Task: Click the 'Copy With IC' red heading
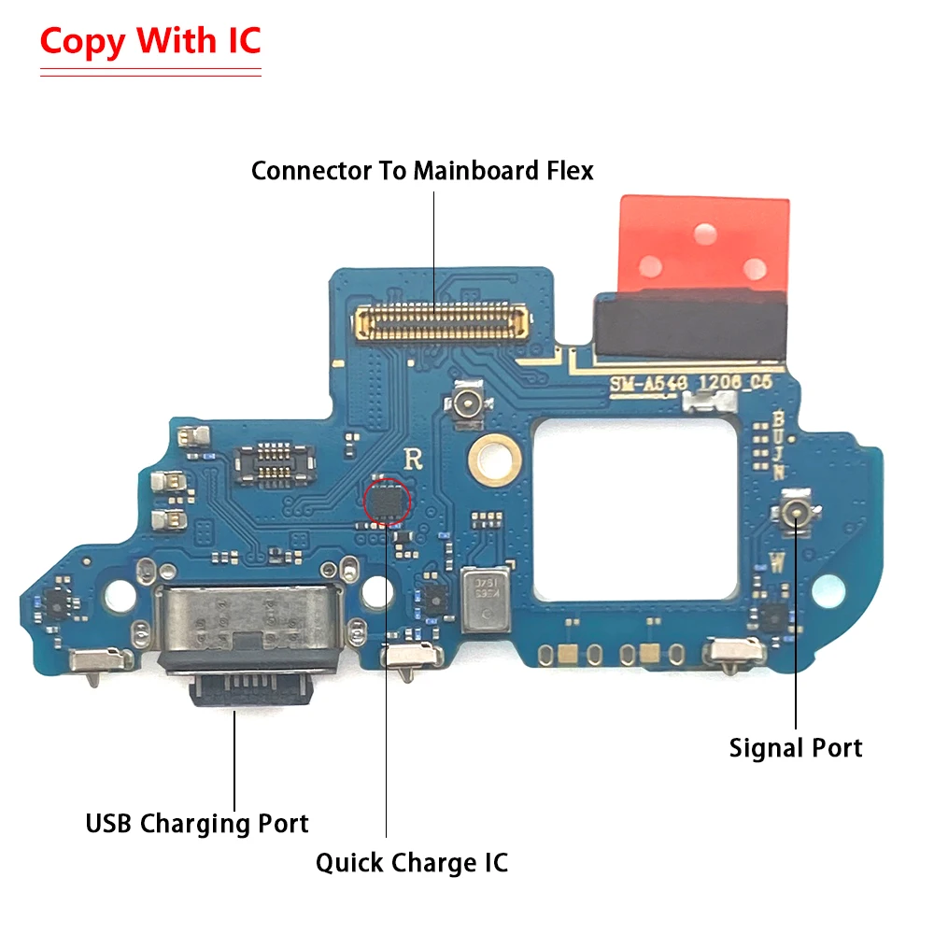[x=149, y=42]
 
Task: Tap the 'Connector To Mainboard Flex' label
[x=422, y=171]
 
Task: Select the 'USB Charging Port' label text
[x=197, y=824]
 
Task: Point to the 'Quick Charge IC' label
[x=412, y=862]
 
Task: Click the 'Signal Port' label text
[x=796, y=748]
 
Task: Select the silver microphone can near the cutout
[x=485, y=598]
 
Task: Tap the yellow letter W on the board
[x=778, y=563]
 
